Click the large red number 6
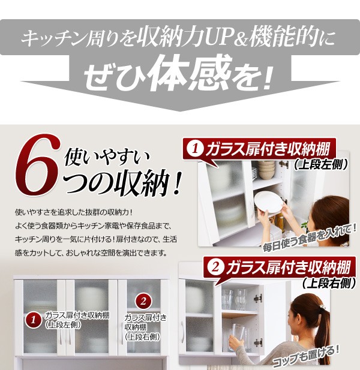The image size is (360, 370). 38,165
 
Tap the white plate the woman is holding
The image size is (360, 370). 268,202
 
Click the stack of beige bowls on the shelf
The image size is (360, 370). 266,169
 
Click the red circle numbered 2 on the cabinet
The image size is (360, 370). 143,302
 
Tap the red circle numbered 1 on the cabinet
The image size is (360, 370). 33,320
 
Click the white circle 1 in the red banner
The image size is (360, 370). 195,149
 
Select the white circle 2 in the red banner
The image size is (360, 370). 215,268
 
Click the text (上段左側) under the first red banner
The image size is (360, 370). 321,164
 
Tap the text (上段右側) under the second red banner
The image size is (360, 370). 329,282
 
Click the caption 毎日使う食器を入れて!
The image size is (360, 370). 310,237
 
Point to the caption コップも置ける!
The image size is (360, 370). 306,356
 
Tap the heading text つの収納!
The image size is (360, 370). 122,184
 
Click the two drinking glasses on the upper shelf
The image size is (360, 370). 233,299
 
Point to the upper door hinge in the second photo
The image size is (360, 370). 258,298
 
